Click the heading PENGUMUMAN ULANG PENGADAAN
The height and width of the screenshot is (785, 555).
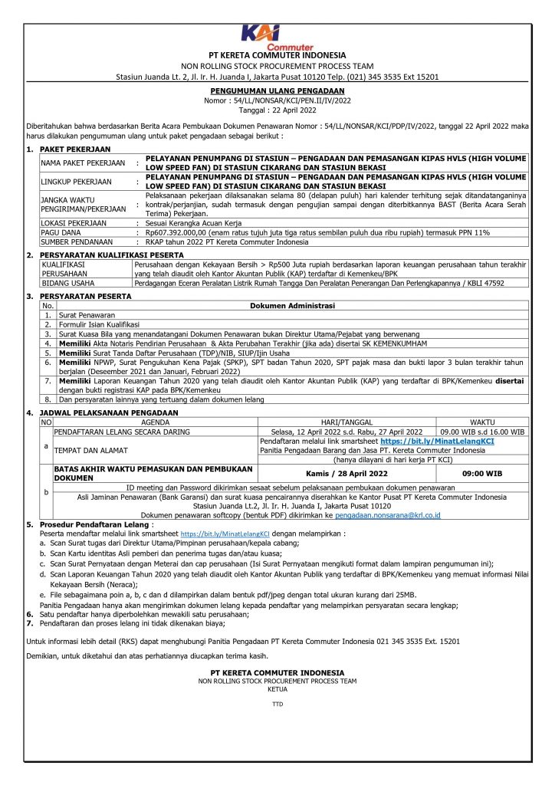(277, 90)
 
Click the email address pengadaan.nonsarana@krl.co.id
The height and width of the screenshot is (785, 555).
(389, 515)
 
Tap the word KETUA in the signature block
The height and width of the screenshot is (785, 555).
(277, 688)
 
